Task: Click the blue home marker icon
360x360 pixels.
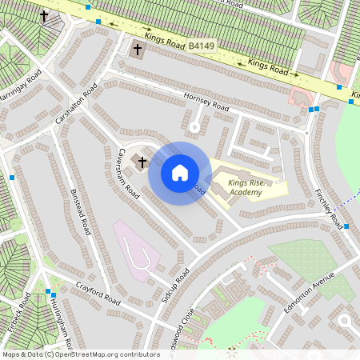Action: point(180,173)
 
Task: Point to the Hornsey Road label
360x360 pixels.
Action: point(206,105)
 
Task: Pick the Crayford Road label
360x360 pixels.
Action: point(98,293)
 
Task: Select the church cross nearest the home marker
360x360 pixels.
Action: point(142,162)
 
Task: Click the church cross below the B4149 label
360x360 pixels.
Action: point(138,50)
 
